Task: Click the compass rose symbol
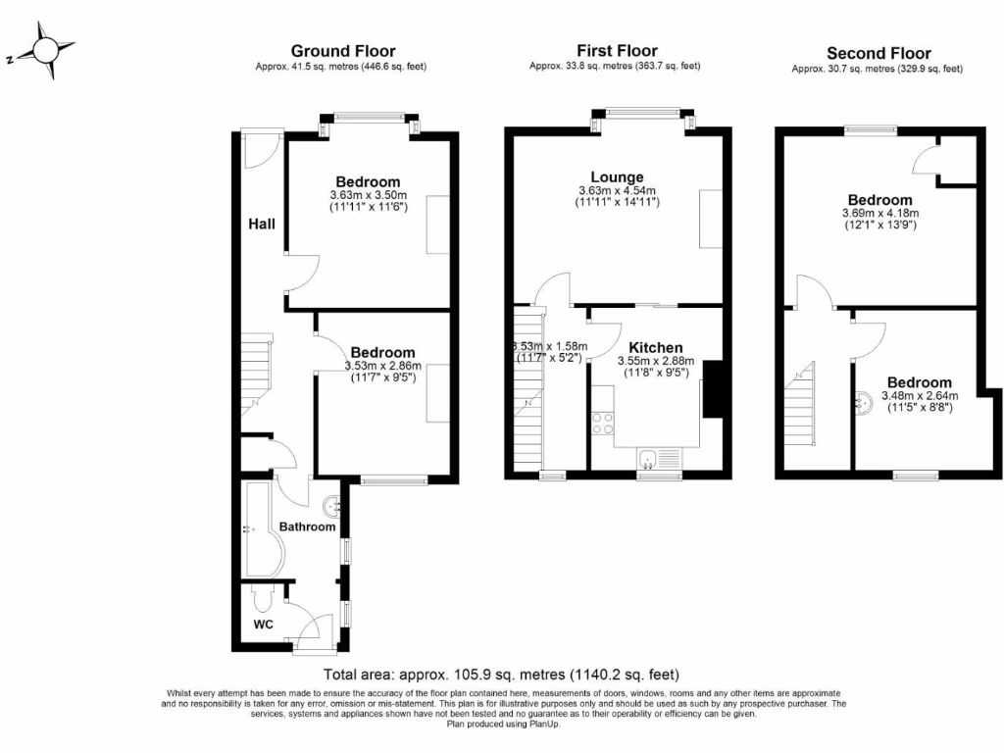[x=45, y=51]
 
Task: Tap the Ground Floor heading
[x=343, y=51]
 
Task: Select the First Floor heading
[x=616, y=50]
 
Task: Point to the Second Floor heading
[x=878, y=53]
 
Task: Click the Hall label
[x=261, y=225]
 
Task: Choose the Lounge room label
[x=616, y=177]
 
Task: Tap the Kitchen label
[x=655, y=348]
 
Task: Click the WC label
[x=263, y=624]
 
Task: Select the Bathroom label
[x=307, y=527]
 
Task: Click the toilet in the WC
[x=263, y=598]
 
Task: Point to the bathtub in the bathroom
[x=260, y=529]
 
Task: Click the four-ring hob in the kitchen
[x=603, y=423]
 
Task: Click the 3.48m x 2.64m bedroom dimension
[x=919, y=396]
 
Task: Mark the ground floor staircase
[x=258, y=371]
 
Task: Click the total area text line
[x=501, y=675]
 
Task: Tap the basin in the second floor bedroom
[x=863, y=402]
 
